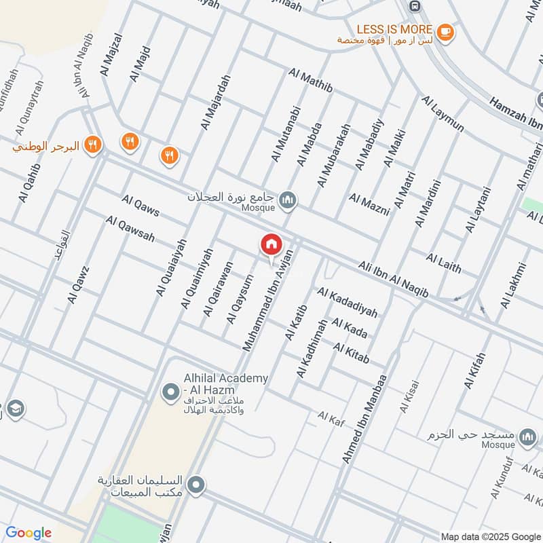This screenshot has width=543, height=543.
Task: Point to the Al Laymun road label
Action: click(443, 114)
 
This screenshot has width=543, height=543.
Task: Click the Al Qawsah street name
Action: click(130, 229)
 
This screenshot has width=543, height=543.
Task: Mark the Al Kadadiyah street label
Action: click(347, 302)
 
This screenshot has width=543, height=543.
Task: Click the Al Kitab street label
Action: click(352, 352)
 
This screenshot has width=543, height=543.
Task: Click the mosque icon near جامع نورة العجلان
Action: click(288, 199)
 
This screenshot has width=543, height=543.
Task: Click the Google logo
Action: click(29, 533)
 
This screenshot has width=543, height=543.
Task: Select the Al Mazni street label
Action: click(369, 204)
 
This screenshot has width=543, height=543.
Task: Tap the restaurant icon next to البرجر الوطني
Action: click(94, 145)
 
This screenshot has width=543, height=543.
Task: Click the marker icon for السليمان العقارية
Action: click(197, 485)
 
